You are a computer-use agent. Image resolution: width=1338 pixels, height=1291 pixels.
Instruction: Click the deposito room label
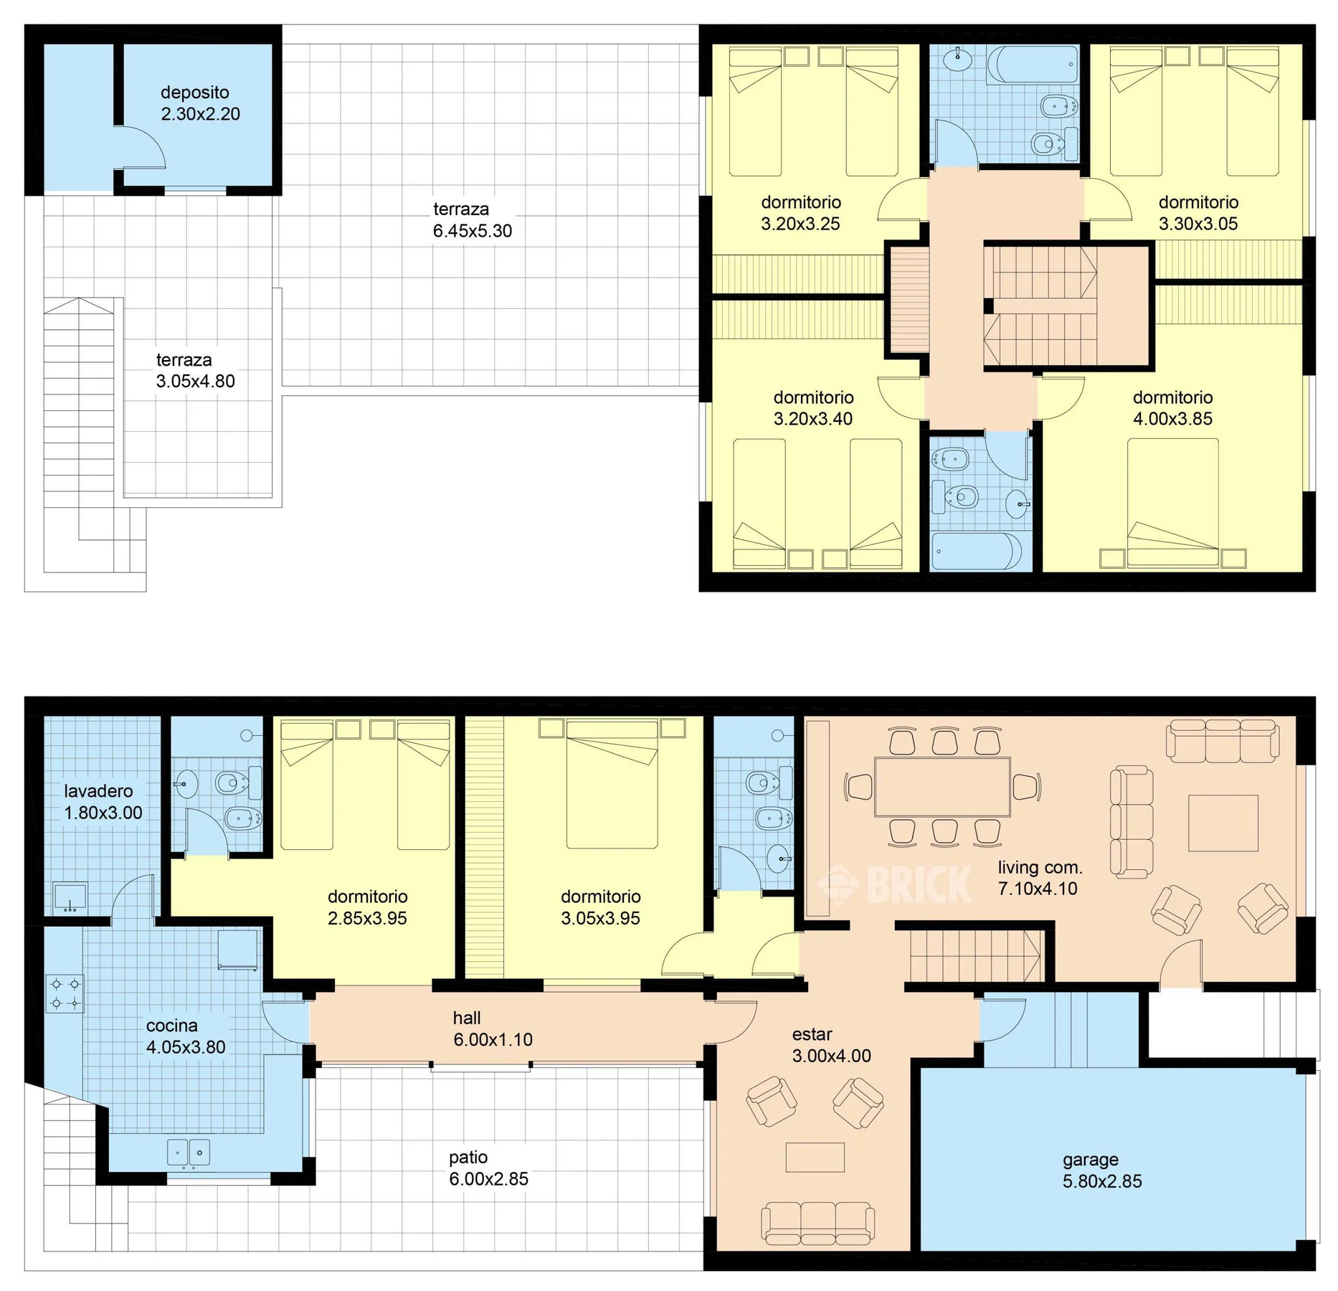[x=195, y=93]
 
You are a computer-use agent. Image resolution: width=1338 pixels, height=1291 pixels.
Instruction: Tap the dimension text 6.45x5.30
[x=473, y=231]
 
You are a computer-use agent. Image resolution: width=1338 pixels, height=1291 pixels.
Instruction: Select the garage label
[x=1091, y=1160]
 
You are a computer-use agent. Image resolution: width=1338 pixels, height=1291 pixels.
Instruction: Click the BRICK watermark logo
[x=896, y=884]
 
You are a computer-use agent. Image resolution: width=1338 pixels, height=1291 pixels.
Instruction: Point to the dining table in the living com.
[x=942, y=787]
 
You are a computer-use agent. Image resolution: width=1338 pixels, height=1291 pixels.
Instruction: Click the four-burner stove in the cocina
[x=65, y=993]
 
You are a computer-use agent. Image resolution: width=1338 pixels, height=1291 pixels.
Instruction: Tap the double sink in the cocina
[x=189, y=1153]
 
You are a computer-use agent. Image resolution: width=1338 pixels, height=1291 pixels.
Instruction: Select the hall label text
[x=467, y=1018]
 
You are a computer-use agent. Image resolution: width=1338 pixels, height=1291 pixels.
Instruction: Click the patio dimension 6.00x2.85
[x=489, y=1178]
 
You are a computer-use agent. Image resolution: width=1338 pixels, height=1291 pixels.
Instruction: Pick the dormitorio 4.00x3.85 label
[x=1173, y=408]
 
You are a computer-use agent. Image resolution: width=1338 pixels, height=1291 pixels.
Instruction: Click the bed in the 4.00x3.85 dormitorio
[x=1172, y=503]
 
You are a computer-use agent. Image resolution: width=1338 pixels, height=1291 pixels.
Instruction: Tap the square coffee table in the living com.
[x=1223, y=823]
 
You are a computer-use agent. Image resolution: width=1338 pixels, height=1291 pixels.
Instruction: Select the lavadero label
[x=98, y=791]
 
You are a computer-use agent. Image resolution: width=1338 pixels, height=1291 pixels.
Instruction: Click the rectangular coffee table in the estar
[x=815, y=1157]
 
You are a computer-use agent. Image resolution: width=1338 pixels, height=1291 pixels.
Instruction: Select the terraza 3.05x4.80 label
[x=196, y=371]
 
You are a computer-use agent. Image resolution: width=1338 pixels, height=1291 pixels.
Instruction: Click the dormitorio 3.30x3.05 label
[x=1198, y=213]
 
